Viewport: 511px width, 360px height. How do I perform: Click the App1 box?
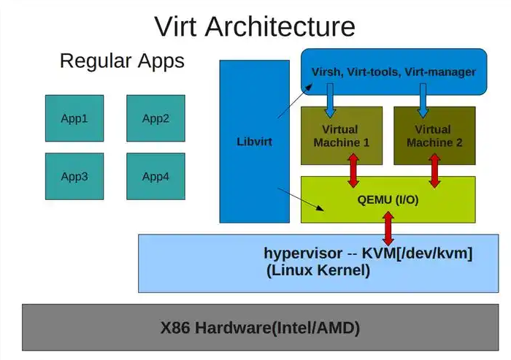[x=74, y=118]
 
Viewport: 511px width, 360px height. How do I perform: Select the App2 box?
[x=155, y=118]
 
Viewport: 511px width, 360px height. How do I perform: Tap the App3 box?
[x=74, y=176]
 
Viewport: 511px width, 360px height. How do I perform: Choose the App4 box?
[x=155, y=176]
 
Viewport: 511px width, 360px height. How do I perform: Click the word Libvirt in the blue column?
[x=255, y=141]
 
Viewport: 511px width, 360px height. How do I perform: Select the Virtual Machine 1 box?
[x=342, y=137]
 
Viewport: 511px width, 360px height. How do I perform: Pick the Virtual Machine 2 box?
[x=434, y=137]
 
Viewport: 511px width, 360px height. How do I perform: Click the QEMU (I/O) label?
[x=388, y=199]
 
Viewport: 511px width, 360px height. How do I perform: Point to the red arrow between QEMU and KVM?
[x=388, y=229]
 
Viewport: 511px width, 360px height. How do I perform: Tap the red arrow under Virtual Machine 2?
[x=435, y=170]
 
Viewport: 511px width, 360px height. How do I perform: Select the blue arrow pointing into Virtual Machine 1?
[x=330, y=101]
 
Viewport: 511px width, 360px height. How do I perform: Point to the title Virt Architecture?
[x=255, y=26]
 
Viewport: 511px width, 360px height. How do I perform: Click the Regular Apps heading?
[x=122, y=61]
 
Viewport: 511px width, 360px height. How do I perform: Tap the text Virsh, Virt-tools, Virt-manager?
[x=393, y=72]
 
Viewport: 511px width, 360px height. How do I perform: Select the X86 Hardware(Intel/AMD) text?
[x=260, y=328]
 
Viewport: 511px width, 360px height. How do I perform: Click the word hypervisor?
[x=302, y=253]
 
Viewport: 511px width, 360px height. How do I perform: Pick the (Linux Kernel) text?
[x=318, y=270]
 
